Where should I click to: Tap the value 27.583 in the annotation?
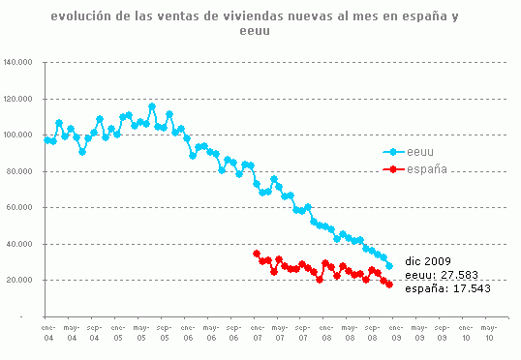click(448, 275)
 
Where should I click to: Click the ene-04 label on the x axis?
click(47, 334)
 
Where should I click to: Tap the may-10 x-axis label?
click(488, 334)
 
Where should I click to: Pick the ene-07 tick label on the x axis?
click(257, 334)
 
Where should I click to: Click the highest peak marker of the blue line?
click(152, 106)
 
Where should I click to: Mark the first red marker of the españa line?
click(257, 254)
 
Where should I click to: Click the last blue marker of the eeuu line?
click(389, 266)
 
